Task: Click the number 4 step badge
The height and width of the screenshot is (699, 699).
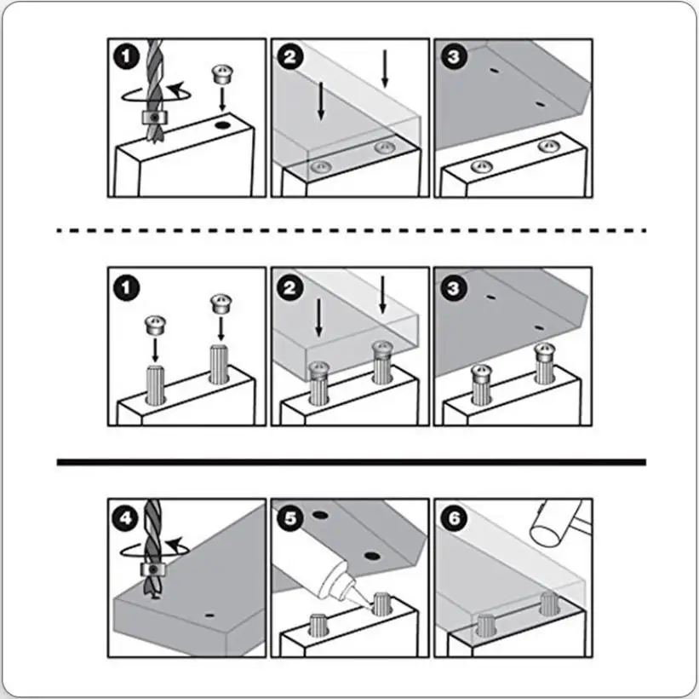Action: pyautogui.click(x=125, y=518)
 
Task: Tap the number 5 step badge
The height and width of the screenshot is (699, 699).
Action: pyautogui.click(x=289, y=518)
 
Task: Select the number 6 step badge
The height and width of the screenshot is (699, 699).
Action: pyautogui.click(x=453, y=518)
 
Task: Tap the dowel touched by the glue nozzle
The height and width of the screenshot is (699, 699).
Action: pyautogui.click(x=381, y=604)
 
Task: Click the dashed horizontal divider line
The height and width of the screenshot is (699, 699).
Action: pyautogui.click(x=352, y=230)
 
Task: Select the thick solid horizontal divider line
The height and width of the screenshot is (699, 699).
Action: pyautogui.click(x=352, y=462)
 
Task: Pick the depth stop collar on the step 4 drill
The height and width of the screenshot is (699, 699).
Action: pyautogui.click(x=154, y=570)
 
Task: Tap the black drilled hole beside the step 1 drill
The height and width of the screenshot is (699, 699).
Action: pyautogui.click(x=221, y=125)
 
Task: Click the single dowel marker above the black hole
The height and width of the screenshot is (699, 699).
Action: pyautogui.click(x=223, y=74)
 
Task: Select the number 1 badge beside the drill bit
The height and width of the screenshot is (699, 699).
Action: pyautogui.click(x=127, y=57)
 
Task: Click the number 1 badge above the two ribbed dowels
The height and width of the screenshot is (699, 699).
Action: pyautogui.click(x=127, y=288)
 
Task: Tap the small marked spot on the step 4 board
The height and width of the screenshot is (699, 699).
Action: pyautogui.click(x=209, y=615)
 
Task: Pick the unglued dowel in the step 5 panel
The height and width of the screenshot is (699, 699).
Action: pyautogui.click(x=318, y=624)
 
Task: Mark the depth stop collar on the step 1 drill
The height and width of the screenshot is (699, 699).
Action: pyautogui.click(x=154, y=117)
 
